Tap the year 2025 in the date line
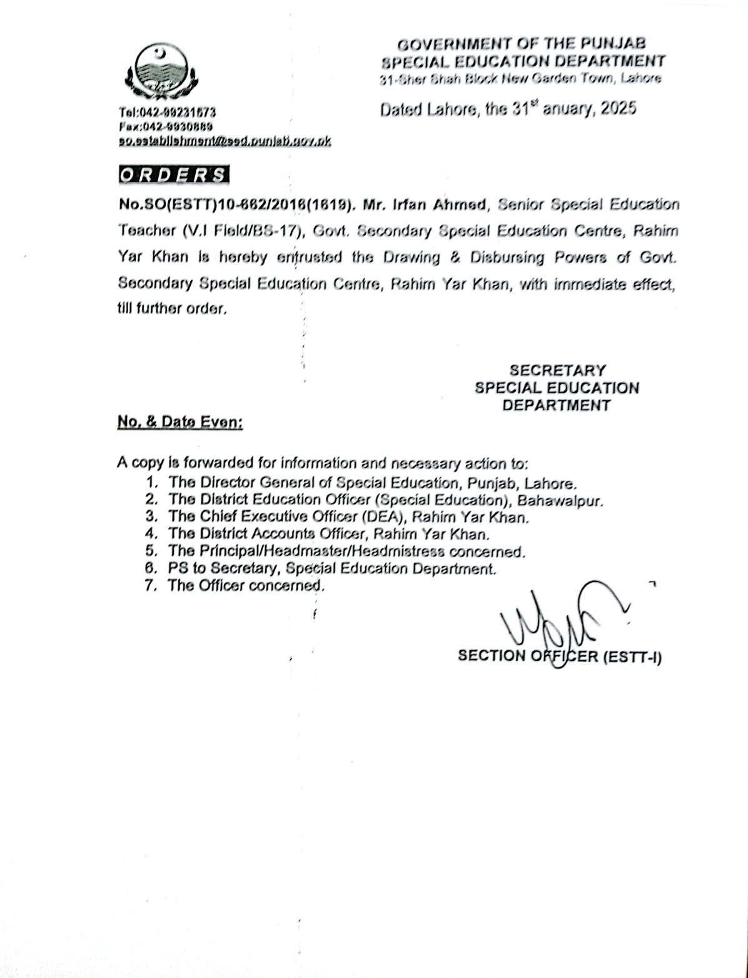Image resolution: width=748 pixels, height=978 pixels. [x=618, y=109]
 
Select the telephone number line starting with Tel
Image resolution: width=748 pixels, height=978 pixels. [x=168, y=113]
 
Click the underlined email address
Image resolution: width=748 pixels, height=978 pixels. [x=225, y=141]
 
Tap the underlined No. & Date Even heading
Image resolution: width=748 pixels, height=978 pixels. [x=180, y=422]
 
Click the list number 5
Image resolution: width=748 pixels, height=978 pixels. [x=150, y=551]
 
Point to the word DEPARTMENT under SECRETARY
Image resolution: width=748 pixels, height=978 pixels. [x=556, y=405]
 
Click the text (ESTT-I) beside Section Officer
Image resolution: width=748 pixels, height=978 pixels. [x=632, y=656]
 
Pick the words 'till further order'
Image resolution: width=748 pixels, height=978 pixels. [x=171, y=308]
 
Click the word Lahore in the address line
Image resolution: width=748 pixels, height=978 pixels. [x=640, y=79]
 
